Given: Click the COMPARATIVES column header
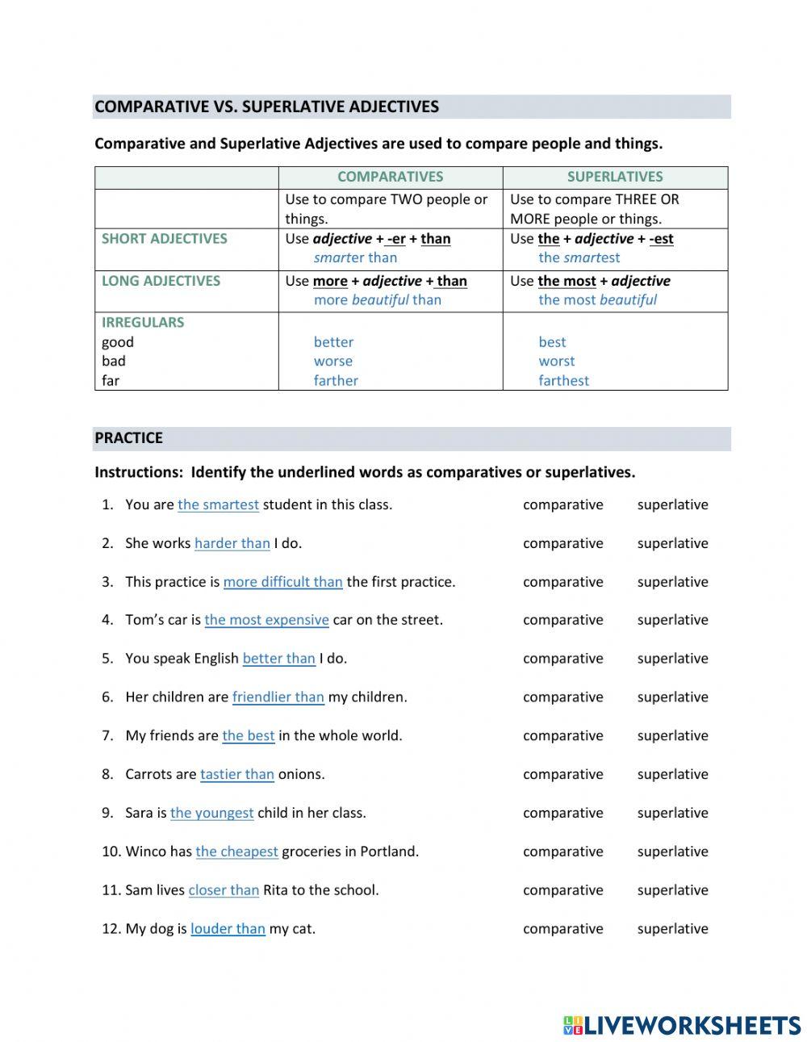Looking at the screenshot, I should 390,177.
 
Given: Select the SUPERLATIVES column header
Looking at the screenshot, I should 615,177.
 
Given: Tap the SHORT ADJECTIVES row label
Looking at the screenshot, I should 165,239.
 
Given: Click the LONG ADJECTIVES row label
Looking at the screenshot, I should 161,281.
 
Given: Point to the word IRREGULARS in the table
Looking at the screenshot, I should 143,323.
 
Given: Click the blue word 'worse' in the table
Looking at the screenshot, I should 333,362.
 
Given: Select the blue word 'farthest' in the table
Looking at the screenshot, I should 563,381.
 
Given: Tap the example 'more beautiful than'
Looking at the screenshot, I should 378,300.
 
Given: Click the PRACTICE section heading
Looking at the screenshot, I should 129,438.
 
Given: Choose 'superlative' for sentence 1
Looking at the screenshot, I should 672,505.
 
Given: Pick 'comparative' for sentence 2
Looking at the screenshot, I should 562,544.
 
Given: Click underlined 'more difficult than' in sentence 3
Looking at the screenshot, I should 282,582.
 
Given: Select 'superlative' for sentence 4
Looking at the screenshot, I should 672,621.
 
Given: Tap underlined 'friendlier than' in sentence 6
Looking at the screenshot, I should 278,697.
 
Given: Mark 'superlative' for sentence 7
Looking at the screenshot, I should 672,736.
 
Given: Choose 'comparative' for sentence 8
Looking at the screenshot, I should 562,775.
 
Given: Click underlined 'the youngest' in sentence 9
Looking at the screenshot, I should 211,814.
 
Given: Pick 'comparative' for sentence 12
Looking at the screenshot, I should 562,929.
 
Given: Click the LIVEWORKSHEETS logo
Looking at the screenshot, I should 682,1025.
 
